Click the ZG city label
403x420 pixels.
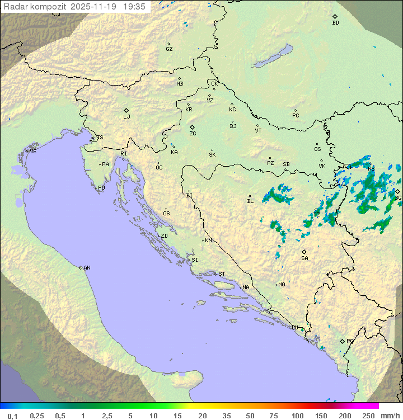(193, 134)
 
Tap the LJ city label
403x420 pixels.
(126, 117)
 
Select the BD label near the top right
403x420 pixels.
(335, 23)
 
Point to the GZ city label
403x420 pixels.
(169, 49)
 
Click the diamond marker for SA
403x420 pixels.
(304, 252)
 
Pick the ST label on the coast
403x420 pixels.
(222, 274)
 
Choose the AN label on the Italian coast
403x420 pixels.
(87, 268)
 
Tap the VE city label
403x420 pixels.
(33, 152)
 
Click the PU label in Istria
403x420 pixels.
(101, 188)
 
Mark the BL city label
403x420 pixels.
(250, 201)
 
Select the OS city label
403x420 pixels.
(317, 149)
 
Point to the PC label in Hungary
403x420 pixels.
(296, 116)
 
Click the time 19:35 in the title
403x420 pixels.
(134, 7)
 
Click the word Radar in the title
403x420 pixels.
(15, 7)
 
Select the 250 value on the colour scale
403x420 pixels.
(368, 416)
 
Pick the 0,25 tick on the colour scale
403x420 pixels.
(37, 416)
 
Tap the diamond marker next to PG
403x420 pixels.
(343, 341)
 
